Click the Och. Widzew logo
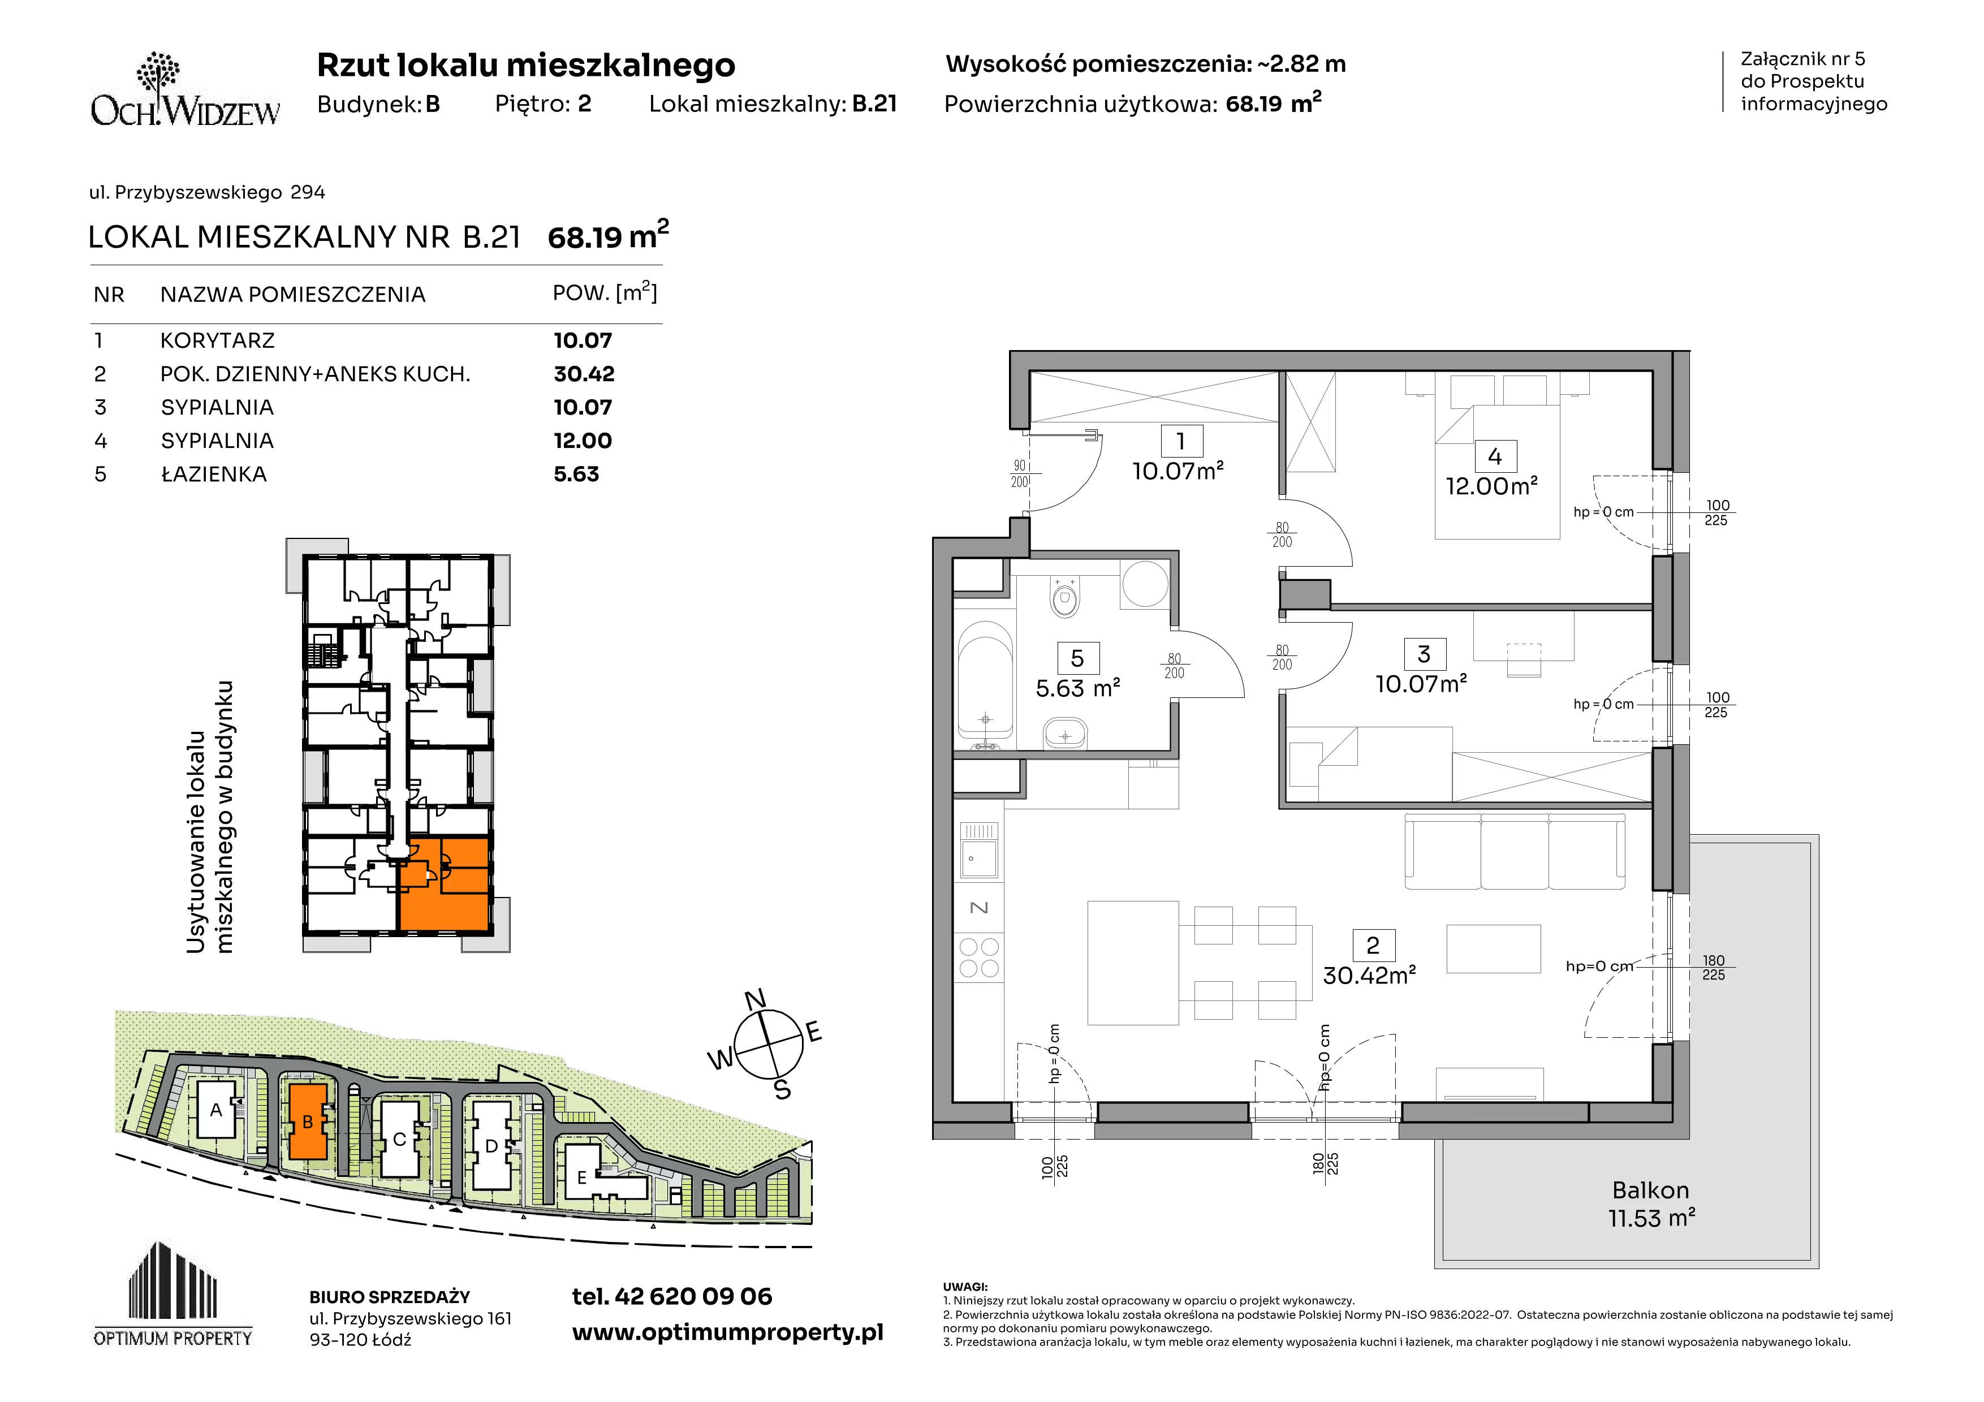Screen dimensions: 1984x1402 pos(185,90)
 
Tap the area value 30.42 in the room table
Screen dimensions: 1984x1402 pos(584,374)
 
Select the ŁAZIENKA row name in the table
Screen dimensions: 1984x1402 pos(213,474)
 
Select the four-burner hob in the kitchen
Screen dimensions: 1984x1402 pos(979,957)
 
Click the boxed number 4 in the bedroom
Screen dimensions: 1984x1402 pos(1495,456)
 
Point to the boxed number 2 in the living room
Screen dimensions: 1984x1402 pos(1373,945)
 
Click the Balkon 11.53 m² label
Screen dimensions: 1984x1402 pos(1650,1204)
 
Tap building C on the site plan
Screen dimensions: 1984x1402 pos(399,1138)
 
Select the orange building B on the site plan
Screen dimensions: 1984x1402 pos(308,1122)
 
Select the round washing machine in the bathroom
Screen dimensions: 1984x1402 pos(1145,584)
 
